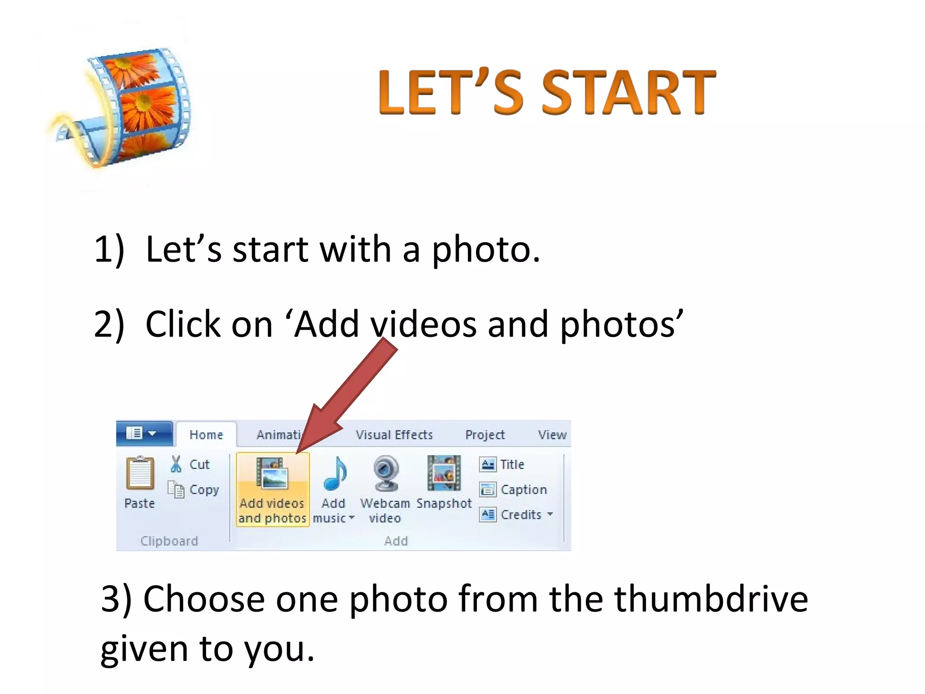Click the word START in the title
pos(628,93)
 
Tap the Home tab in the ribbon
pos(206,435)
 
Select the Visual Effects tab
pos(394,435)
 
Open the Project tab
pos(485,435)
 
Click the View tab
pos(552,435)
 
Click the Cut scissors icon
pos(176,464)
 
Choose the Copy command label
pos(204,490)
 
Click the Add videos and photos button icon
pos(272,474)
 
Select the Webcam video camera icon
pos(386,474)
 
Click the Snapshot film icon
pos(444,474)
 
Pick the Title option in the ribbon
pos(512,464)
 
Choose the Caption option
pos(523,490)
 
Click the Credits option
pos(521,515)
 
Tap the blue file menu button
pos(144,433)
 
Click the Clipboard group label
pos(169,541)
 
